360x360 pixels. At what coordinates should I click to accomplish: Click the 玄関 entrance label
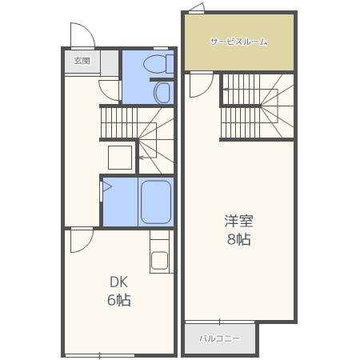point(82,61)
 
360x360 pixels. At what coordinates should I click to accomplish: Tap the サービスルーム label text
point(238,42)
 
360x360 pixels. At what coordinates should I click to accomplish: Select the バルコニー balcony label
point(220,338)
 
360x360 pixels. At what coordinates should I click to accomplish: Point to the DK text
point(119,282)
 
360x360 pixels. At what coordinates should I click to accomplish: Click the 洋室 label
point(238,221)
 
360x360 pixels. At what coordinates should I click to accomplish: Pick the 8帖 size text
point(238,239)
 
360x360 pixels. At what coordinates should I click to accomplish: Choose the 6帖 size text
point(119,300)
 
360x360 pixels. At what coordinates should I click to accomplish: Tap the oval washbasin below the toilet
point(162,93)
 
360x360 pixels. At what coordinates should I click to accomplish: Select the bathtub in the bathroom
point(156,202)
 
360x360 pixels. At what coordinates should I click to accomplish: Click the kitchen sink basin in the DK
point(159,260)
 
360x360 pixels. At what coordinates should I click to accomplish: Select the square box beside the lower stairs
point(120,158)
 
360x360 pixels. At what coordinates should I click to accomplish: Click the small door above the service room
point(197,8)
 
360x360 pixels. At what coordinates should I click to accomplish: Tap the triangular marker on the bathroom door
point(107,186)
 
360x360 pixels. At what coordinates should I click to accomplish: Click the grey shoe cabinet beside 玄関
point(110,62)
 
